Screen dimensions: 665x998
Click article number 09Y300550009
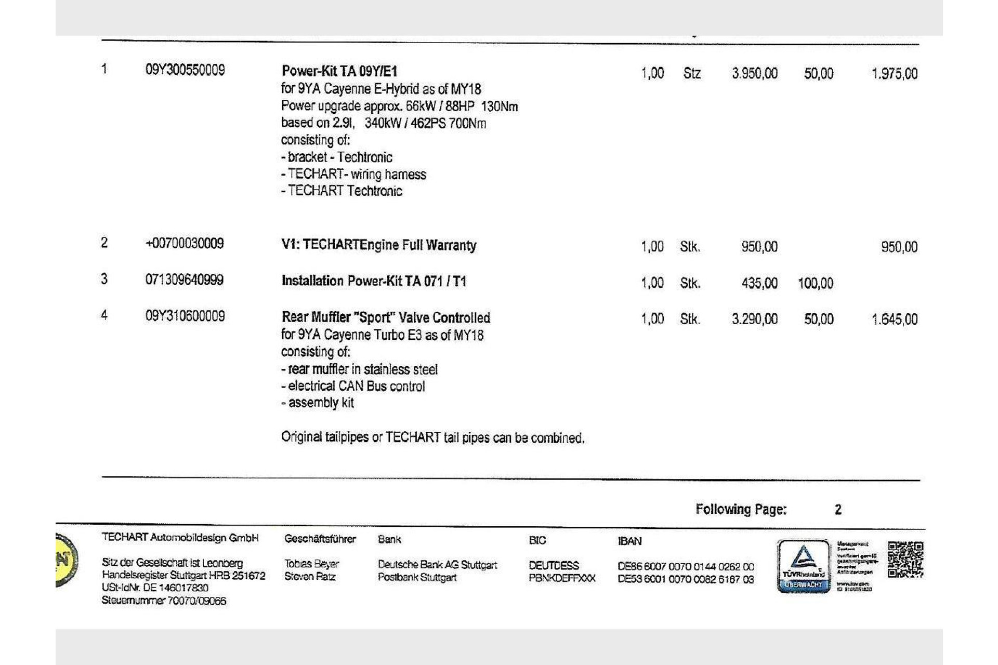tap(185, 70)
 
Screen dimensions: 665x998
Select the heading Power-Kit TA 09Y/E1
tap(339, 71)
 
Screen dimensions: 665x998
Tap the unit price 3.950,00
tap(754, 73)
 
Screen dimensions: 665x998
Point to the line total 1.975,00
tap(894, 73)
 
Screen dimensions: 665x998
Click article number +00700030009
tap(185, 243)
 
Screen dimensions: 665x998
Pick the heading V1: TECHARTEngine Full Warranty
tap(378, 245)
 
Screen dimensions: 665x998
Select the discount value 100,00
tap(815, 283)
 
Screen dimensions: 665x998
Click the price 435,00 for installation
tap(759, 283)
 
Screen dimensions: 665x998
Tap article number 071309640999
tap(184, 280)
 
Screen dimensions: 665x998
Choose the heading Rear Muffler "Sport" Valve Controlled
tap(386, 317)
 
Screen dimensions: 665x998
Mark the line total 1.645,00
tap(894, 319)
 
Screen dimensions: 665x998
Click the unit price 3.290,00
tap(754, 319)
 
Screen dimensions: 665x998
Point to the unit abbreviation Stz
tap(691, 73)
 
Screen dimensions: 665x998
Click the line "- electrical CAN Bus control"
tap(353, 386)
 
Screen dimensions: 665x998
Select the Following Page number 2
tap(837, 510)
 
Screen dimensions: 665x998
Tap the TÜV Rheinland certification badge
tap(803, 566)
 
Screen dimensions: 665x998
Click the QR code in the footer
tap(905, 559)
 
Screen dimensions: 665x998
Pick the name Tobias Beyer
tap(311, 564)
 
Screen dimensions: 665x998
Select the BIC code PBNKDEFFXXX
tap(561, 578)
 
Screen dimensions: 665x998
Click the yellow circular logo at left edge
tap(65, 560)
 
